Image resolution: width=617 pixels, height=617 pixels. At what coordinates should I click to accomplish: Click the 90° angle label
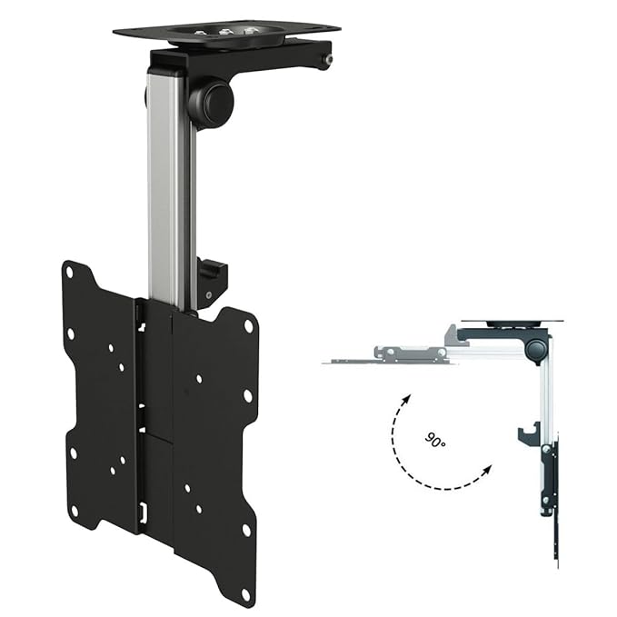435,440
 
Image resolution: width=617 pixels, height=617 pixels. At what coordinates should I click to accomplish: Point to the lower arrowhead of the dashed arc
489,470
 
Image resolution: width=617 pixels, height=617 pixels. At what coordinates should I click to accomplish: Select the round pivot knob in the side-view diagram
537,348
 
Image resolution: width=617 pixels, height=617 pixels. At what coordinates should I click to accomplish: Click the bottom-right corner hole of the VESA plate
245,569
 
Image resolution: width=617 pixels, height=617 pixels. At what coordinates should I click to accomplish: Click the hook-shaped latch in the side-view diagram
528,433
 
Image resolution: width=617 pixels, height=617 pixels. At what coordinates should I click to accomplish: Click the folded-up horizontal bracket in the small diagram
391,355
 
